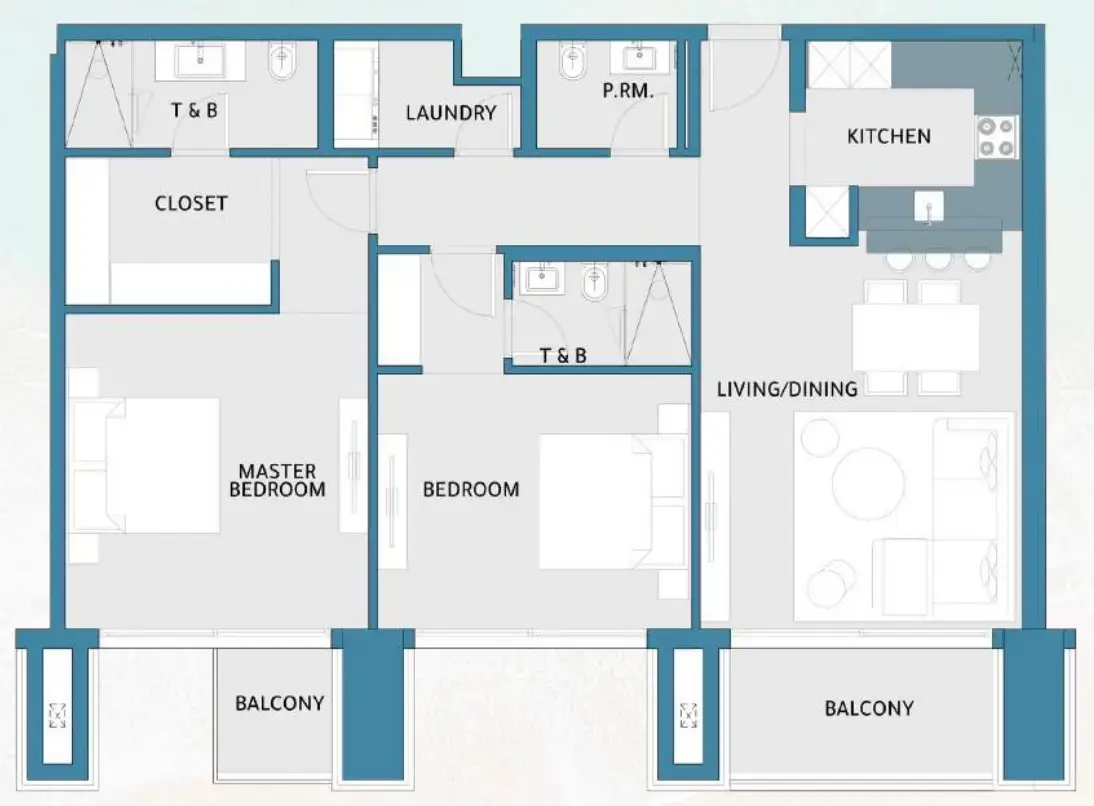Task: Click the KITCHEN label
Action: click(x=888, y=136)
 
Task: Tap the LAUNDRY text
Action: click(x=451, y=113)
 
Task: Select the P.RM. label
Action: click(x=628, y=92)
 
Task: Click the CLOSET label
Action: click(x=191, y=203)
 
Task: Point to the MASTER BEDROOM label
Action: click(x=277, y=480)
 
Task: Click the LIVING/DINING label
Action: click(x=787, y=389)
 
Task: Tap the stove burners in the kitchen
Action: click(x=995, y=137)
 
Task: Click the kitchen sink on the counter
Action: click(x=928, y=208)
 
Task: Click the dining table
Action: click(x=915, y=337)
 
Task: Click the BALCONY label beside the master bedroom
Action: click(x=279, y=703)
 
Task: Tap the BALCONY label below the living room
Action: click(x=868, y=708)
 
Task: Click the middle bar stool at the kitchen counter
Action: click(x=937, y=260)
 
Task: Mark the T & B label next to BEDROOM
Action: click(x=562, y=355)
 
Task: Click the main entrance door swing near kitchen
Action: click(x=742, y=75)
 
